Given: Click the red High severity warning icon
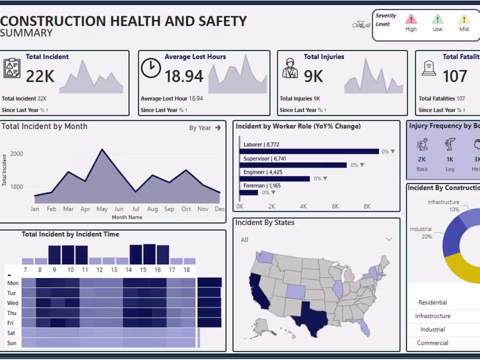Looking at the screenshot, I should pyautogui.click(x=411, y=19).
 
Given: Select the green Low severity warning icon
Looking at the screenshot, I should pyautogui.click(x=437, y=19).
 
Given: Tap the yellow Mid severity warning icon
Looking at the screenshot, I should pyautogui.click(x=464, y=19).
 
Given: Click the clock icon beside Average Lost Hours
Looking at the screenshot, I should pyautogui.click(x=151, y=69).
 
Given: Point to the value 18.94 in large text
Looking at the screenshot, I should pyautogui.click(x=184, y=76).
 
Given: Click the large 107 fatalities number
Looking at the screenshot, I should pyautogui.click(x=455, y=76).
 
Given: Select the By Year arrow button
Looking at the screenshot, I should pyautogui.click(x=218, y=128).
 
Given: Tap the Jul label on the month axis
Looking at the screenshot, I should pyautogui.click(x=135, y=209).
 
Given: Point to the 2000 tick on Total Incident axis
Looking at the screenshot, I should pyautogui.click(x=17, y=154).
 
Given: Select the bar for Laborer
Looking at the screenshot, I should pyautogui.click(x=309, y=151).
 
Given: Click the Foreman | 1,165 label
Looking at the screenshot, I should pyautogui.click(x=262, y=185).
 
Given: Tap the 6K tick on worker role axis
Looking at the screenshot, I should pyautogui.click(x=335, y=206).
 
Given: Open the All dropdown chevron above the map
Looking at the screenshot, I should pyautogui.click(x=388, y=239).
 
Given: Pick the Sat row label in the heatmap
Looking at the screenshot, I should pyautogui.click(x=12, y=333).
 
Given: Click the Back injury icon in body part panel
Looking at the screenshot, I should pyautogui.click(x=422, y=144).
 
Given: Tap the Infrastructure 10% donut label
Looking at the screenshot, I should pyautogui.click(x=443, y=206).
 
